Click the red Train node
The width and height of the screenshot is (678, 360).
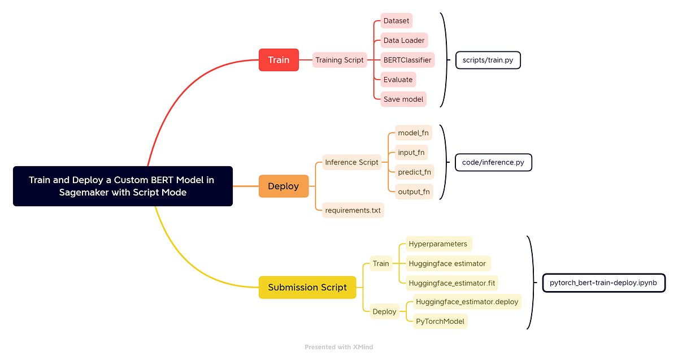point(279,60)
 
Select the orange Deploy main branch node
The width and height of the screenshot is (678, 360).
point(284,186)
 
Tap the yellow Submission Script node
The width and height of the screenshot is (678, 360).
point(307,287)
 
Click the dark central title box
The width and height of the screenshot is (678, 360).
point(123,186)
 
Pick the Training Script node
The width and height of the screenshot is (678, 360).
point(340,60)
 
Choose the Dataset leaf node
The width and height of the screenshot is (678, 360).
point(396,21)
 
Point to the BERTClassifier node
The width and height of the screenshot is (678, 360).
point(407,60)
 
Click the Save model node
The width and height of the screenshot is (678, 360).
point(403,99)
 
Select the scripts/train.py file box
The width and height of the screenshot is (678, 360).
point(488,60)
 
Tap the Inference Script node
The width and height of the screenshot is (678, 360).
point(351,162)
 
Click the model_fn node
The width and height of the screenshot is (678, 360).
point(413,133)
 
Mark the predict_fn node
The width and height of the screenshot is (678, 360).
point(414,172)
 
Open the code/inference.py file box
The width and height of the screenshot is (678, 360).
point(493,162)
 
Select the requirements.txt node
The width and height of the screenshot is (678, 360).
point(353,210)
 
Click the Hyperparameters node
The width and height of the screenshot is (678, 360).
point(438,244)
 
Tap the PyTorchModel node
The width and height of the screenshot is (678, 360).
point(440,321)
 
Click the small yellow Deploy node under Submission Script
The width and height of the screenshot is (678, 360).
point(384,311)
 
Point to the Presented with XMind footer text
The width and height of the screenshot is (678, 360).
point(338,347)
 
